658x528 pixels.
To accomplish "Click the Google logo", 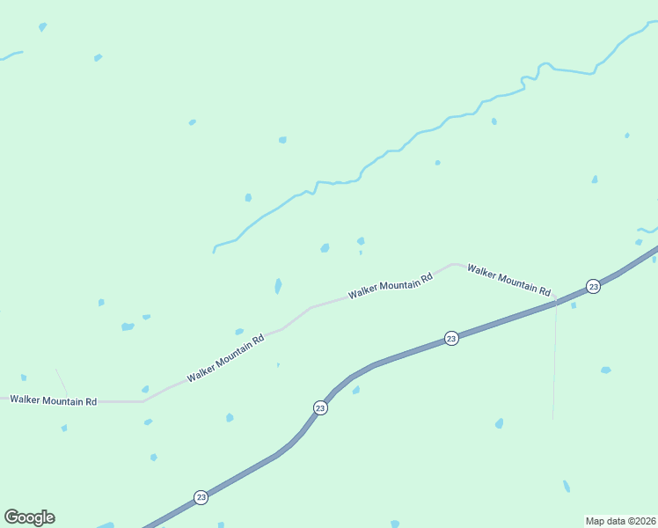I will (29, 517).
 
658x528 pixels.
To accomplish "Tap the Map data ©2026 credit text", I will (620, 521).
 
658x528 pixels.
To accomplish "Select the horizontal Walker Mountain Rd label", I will (53, 400).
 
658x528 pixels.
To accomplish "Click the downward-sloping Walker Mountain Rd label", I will (508, 280).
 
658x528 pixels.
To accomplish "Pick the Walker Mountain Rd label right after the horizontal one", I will (225, 359).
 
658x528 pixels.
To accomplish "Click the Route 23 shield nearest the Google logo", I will (201, 497).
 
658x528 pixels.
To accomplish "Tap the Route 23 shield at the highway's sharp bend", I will (320, 407).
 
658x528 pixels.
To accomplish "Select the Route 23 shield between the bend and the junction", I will (451, 338).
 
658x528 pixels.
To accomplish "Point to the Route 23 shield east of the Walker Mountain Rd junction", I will (593, 286).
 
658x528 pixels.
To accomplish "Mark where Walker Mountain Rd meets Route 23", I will (556, 303).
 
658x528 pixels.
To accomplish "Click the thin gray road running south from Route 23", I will (554, 370).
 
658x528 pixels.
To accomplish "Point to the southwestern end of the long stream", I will (214, 252).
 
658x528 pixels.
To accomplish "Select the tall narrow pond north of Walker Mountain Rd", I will (278, 286).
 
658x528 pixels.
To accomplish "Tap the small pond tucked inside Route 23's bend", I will (356, 390).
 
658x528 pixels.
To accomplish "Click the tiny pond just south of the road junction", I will (574, 306).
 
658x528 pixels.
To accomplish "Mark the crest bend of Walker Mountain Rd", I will (453, 263).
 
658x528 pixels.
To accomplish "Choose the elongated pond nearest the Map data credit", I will (567, 486).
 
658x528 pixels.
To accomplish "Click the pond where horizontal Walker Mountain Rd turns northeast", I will (145, 389).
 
